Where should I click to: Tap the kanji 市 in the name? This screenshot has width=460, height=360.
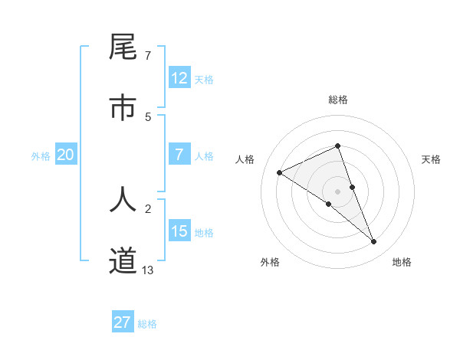click(x=123, y=107)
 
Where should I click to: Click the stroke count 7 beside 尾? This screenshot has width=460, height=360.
click(x=148, y=56)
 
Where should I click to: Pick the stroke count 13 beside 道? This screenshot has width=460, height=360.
click(x=148, y=270)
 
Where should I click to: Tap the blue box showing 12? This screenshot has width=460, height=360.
click(x=179, y=77)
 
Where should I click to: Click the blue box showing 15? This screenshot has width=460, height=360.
click(x=179, y=231)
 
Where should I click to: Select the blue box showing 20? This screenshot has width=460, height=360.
click(x=65, y=155)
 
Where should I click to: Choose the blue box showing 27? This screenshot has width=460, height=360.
click(x=123, y=322)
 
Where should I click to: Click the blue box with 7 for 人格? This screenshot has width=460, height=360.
click(x=179, y=155)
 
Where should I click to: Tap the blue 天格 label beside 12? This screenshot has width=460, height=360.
click(x=204, y=79)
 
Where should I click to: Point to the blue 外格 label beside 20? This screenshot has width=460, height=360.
click(x=41, y=156)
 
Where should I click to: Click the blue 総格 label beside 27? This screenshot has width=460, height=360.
click(x=147, y=324)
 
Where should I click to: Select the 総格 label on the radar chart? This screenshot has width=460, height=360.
click(x=338, y=100)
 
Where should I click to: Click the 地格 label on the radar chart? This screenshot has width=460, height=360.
click(x=402, y=262)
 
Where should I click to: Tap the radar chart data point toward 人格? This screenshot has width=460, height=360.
click(x=280, y=172)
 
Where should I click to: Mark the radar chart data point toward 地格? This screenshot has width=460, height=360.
click(x=374, y=242)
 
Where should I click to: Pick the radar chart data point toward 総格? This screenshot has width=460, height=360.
click(x=338, y=146)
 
